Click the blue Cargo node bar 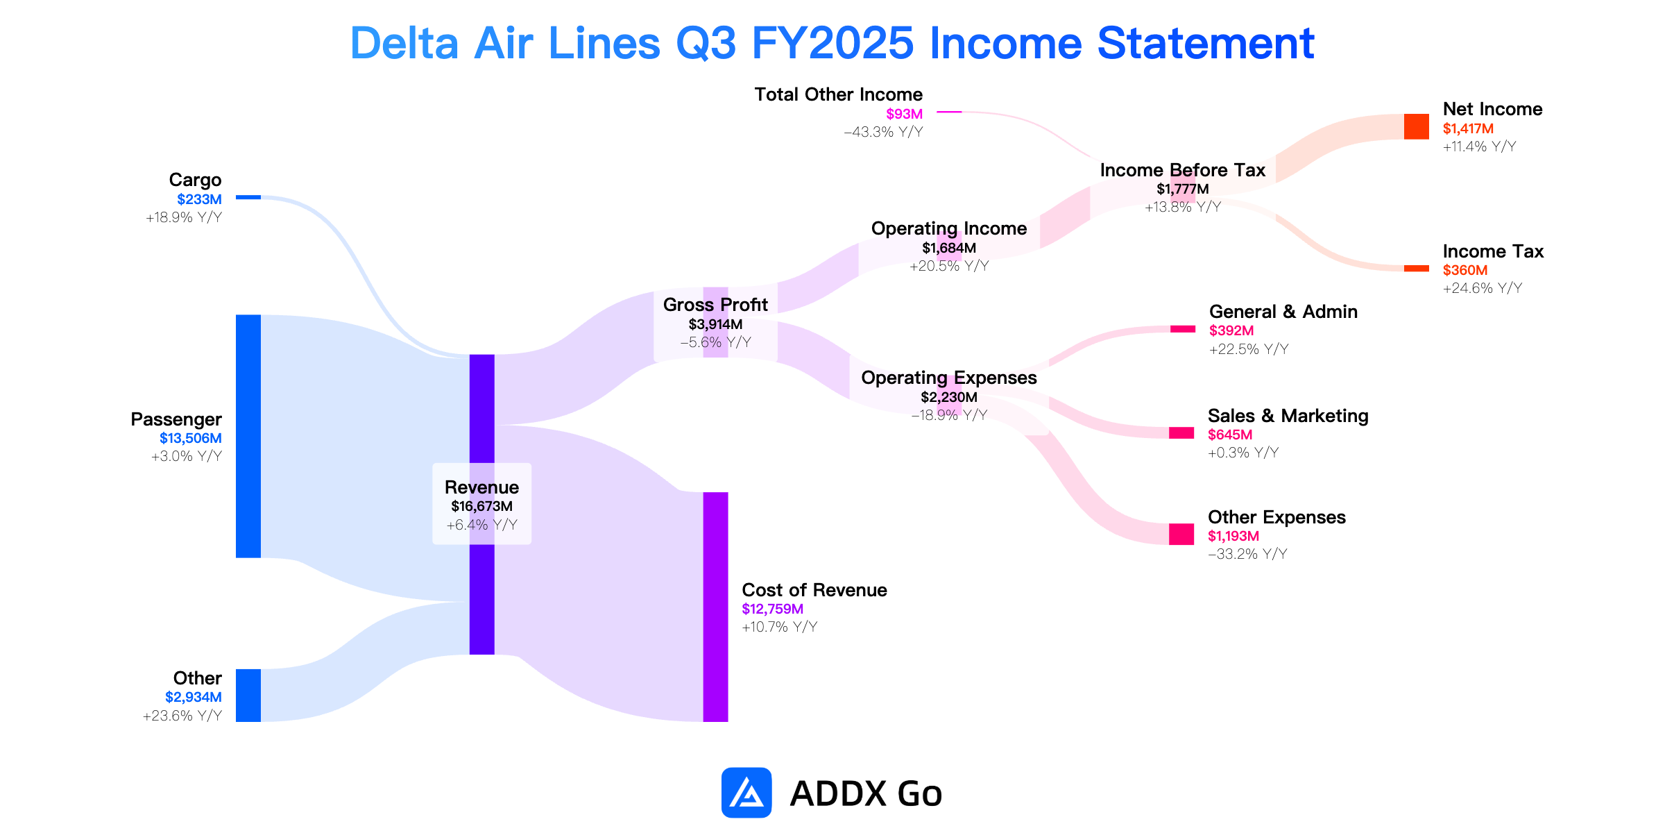coord(248,197)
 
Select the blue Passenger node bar coord(248,436)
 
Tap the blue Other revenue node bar coord(248,696)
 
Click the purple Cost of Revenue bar coord(715,607)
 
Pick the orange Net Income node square coord(1416,126)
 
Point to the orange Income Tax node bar coord(1416,268)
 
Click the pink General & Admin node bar coord(1183,329)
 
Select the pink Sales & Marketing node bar coord(1181,433)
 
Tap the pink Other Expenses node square coord(1181,534)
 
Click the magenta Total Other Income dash coord(949,111)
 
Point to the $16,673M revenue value coord(481,506)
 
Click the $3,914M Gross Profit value coord(715,324)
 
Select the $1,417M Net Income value coord(1468,128)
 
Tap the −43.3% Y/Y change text coord(883,132)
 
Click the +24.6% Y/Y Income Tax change coord(1483,288)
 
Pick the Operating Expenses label coord(948,378)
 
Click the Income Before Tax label coord(1183,170)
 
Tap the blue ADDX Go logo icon coord(746,792)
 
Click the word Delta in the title coord(404,43)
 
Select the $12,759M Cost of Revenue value coord(772,609)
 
